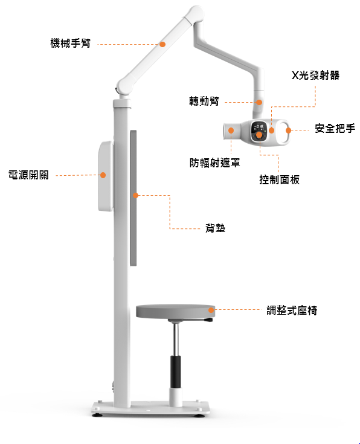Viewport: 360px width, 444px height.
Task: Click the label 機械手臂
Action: point(71,43)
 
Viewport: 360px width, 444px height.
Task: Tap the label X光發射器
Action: point(315,76)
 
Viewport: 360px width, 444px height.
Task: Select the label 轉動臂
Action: point(204,101)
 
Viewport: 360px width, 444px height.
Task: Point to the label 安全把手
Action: point(335,128)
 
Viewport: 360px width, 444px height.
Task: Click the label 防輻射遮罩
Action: point(215,163)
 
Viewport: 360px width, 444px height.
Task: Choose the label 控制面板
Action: point(280,179)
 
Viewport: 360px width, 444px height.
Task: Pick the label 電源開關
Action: point(28,175)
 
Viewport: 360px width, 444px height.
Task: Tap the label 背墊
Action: point(215,228)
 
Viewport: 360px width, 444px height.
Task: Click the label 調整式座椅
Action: point(292,310)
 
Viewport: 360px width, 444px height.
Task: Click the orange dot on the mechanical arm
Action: point(162,44)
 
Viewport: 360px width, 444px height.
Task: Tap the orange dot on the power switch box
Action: point(103,175)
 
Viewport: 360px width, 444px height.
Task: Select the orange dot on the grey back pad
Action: point(136,195)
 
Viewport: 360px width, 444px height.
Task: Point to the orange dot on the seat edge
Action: point(211,310)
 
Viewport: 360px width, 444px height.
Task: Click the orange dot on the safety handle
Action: point(288,130)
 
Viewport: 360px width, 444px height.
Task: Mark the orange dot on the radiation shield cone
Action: point(231,130)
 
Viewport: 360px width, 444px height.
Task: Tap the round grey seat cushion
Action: point(175,311)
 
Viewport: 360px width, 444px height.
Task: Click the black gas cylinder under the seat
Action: point(176,372)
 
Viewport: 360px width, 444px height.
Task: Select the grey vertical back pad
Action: point(133,198)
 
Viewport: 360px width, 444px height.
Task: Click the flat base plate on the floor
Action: point(150,408)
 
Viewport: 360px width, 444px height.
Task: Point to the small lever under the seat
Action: point(209,320)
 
